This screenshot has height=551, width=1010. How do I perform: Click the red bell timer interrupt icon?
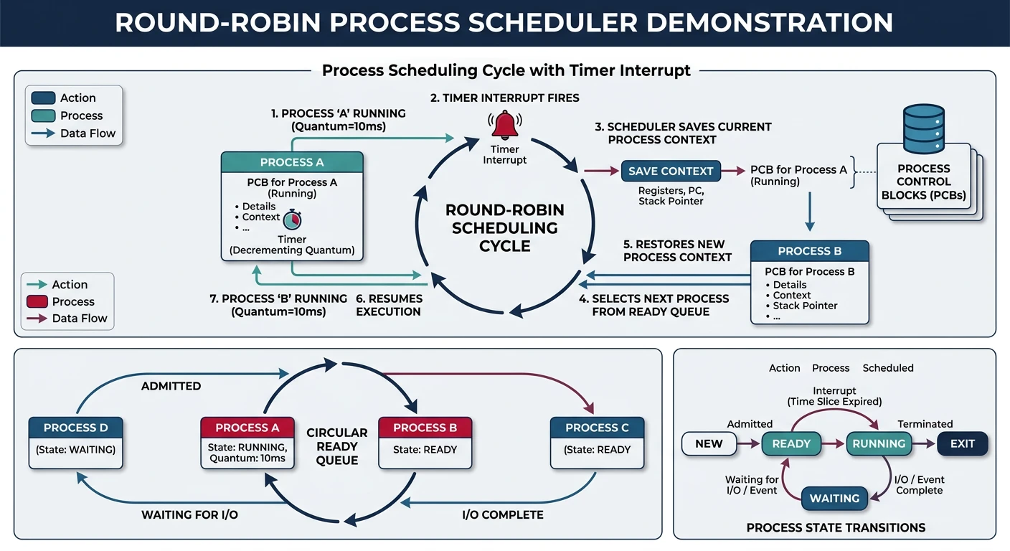click(x=504, y=125)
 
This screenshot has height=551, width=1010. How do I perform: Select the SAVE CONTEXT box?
click(x=670, y=171)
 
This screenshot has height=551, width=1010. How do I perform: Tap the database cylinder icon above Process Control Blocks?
click(x=923, y=129)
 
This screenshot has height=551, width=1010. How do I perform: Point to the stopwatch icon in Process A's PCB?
click(x=293, y=220)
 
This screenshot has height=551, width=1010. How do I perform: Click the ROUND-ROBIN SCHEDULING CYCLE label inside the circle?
click(x=504, y=228)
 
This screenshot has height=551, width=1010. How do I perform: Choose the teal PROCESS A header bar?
click(x=292, y=162)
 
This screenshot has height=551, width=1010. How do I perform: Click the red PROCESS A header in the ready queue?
click(x=247, y=428)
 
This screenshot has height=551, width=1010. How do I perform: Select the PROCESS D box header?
click(x=75, y=428)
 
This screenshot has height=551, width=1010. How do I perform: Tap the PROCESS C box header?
click(x=597, y=428)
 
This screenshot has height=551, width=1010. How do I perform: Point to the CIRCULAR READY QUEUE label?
click(x=336, y=446)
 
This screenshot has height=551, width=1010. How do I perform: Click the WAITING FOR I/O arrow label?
click(x=189, y=514)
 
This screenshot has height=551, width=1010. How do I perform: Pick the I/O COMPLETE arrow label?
click(x=502, y=514)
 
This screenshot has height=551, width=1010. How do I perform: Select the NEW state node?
click(x=709, y=443)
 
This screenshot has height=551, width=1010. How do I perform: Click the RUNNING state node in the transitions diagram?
click(x=879, y=443)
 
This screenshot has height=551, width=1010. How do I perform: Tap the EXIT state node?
click(x=962, y=443)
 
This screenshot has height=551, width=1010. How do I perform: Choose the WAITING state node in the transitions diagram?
click(x=834, y=498)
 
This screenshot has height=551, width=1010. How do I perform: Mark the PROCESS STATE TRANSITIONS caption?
click(x=836, y=527)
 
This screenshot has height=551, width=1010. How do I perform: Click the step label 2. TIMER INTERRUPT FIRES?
click(x=504, y=98)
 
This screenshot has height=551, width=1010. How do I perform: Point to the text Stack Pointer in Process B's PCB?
click(x=805, y=306)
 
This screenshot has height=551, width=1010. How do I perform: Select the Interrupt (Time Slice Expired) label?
click(x=834, y=396)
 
